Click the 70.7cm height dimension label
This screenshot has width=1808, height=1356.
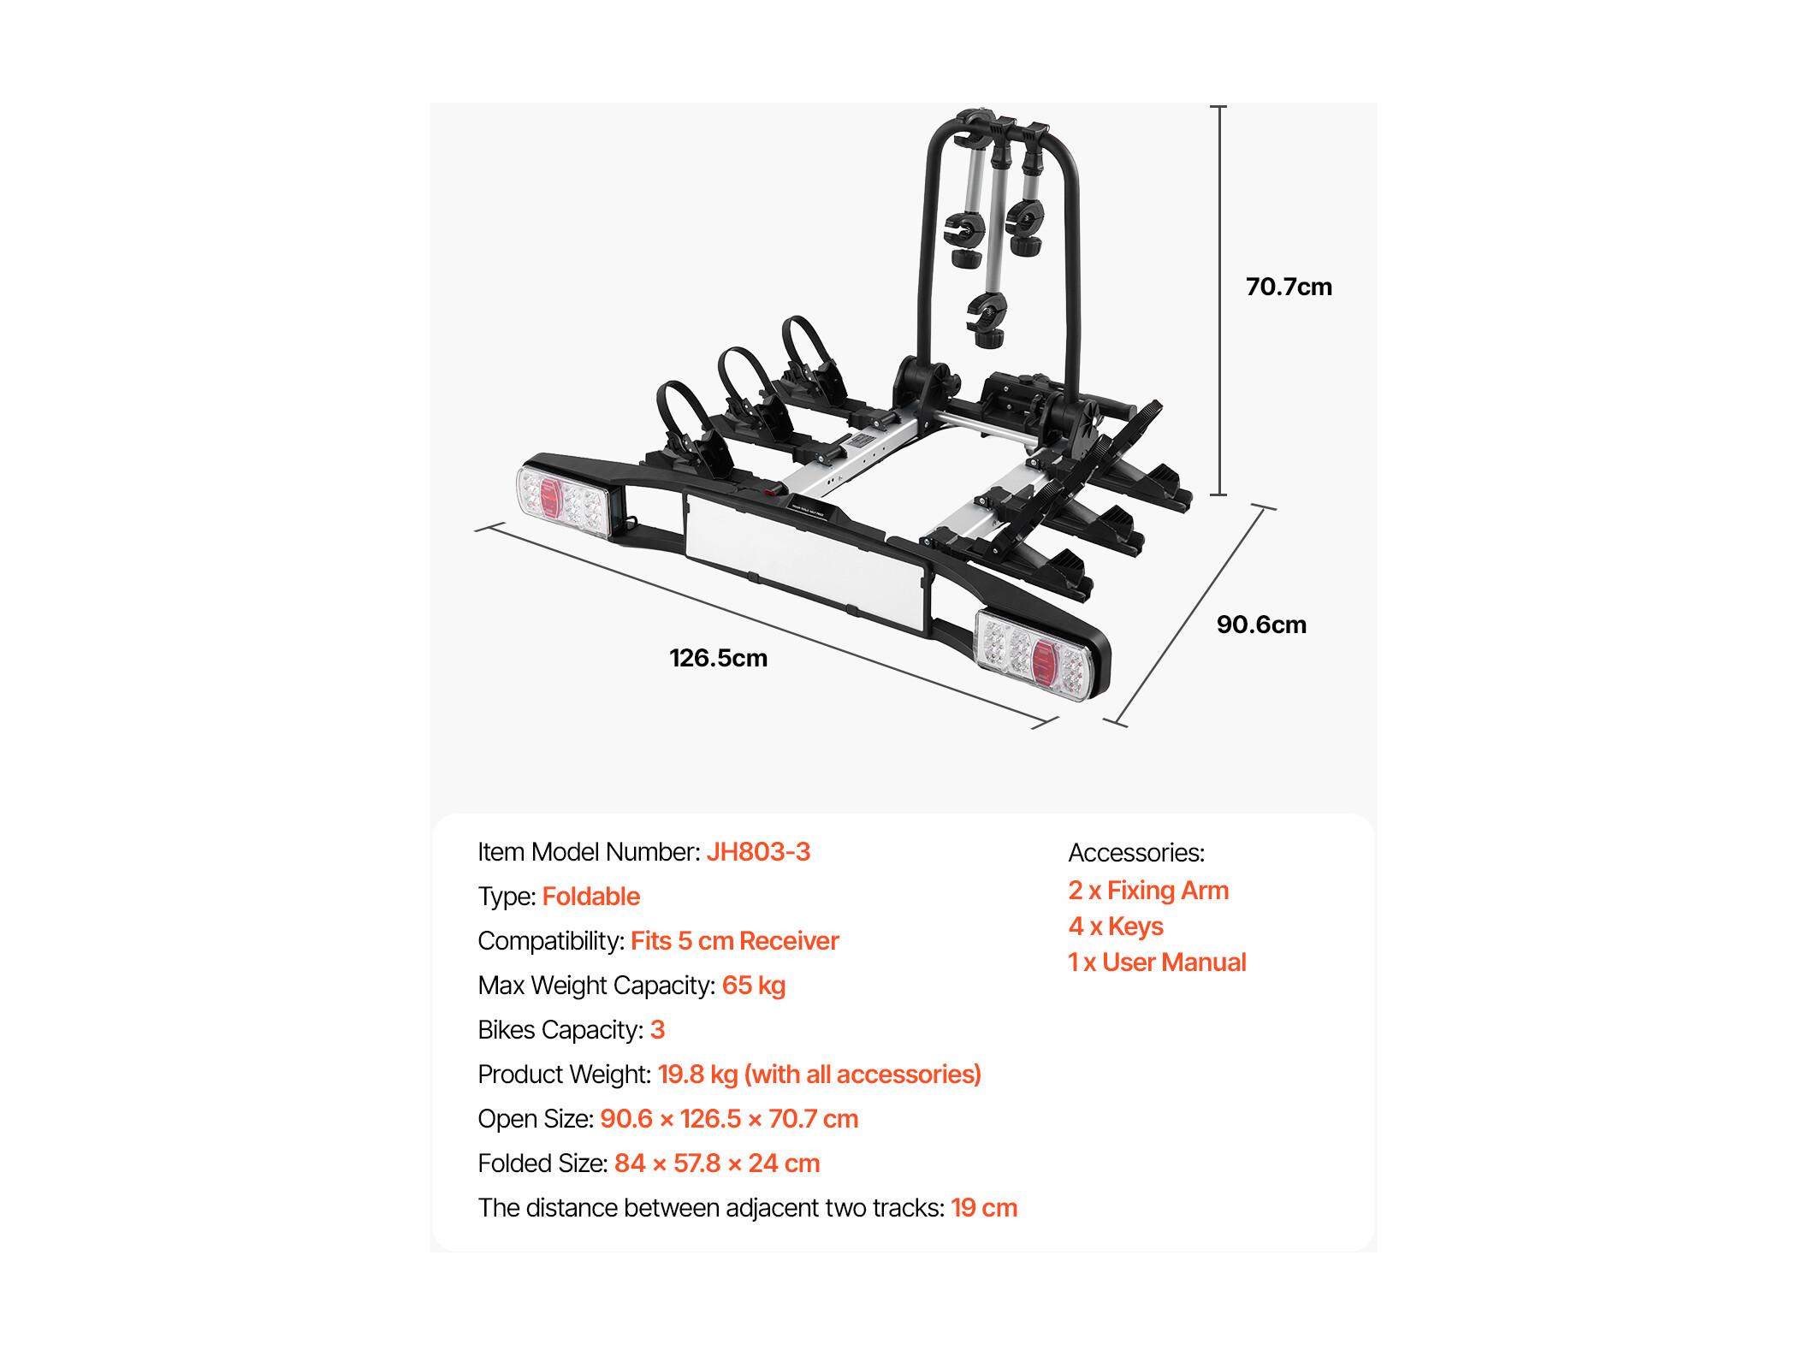point(1289,287)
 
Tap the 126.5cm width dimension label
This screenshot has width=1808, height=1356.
point(718,658)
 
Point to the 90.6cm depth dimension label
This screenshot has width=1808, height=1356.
point(1261,625)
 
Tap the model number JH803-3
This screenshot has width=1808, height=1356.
point(758,852)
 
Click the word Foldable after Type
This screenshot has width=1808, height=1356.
point(591,897)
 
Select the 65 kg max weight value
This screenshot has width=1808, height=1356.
point(754,986)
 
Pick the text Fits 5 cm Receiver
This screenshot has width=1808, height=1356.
point(735,941)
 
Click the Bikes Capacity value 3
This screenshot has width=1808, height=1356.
point(657,1030)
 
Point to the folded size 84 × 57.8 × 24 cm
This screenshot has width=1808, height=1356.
point(717,1164)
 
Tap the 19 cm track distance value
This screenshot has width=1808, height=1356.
point(984,1208)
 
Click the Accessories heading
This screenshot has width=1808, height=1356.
point(1136,853)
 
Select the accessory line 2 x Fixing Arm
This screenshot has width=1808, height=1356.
point(1148,891)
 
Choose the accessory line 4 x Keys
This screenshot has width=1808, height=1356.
point(1116,927)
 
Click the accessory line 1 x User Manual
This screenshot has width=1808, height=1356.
point(1157,962)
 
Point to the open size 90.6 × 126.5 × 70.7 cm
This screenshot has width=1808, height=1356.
point(729,1119)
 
